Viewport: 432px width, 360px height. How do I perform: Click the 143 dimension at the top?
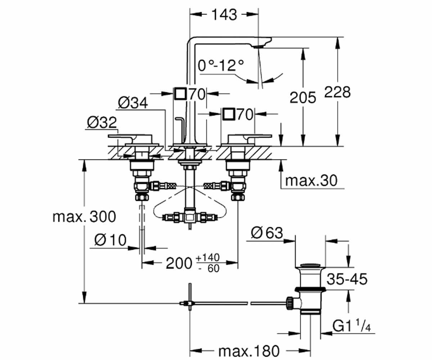pos(225,14)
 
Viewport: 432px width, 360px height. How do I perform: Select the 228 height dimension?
pos(337,92)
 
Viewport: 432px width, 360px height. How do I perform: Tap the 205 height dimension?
pos(303,98)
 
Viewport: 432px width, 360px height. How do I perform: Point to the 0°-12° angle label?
pos(221,66)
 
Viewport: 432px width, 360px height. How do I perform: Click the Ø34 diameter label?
pos(133,103)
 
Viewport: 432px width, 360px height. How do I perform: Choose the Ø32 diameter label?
pos(102,122)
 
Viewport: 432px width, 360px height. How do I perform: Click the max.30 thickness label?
pos(311,181)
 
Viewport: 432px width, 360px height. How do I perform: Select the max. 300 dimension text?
pos(84,217)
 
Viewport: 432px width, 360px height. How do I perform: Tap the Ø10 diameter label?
pos(110,240)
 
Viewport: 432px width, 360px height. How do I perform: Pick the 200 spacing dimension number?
pos(179,264)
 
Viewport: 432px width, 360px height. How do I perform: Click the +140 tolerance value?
pos(207,258)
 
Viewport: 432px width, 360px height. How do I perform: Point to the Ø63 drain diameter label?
pos(267,233)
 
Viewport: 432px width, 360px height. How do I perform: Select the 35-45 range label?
pos(347,279)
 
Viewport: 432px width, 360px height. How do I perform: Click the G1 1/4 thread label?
pos(351,326)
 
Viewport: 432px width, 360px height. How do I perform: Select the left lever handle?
pos(130,138)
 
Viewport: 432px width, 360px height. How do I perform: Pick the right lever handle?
pos(249,138)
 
